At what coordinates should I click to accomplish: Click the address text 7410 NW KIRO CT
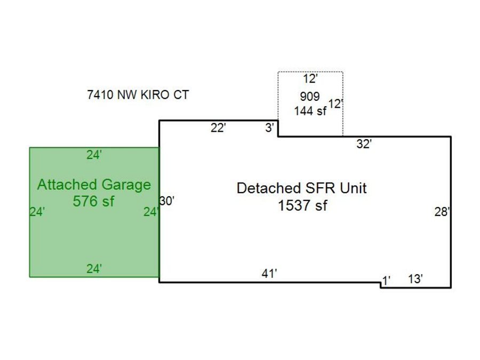(138, 95)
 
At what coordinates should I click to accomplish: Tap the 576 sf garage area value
(94, 202)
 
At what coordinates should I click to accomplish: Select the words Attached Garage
(94, 185)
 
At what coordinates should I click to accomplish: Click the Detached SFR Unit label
(302, 188)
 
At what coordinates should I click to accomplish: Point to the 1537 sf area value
(302, 205)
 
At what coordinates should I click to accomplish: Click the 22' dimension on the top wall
(218, 128)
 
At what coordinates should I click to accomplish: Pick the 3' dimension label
(270, 128)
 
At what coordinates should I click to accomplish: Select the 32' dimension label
(364, 144)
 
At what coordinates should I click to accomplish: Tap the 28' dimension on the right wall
(442, 212)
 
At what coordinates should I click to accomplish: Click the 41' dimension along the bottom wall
(269, 274)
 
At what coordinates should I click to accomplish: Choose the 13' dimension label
(415, 279)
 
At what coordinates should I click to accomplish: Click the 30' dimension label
(167, 201)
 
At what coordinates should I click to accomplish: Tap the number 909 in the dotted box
(310, 97)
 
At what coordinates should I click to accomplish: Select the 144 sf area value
(310, 111)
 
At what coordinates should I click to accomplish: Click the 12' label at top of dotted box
(310, 79)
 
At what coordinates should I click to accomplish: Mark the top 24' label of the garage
(94, 155)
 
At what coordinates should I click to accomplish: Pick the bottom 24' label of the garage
(94, 269)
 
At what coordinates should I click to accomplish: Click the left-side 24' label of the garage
(37, 212)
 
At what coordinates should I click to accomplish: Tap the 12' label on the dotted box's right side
(335, 104)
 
